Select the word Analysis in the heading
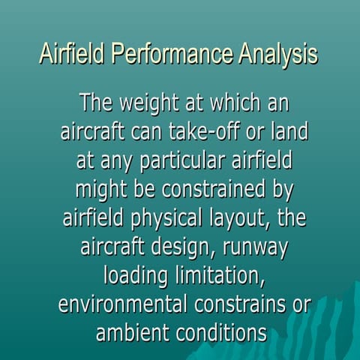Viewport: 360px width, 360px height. click(x=277, y=55)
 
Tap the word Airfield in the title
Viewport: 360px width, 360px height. click(x=72, y=55)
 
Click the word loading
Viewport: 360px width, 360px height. click(x=135, y=277)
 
